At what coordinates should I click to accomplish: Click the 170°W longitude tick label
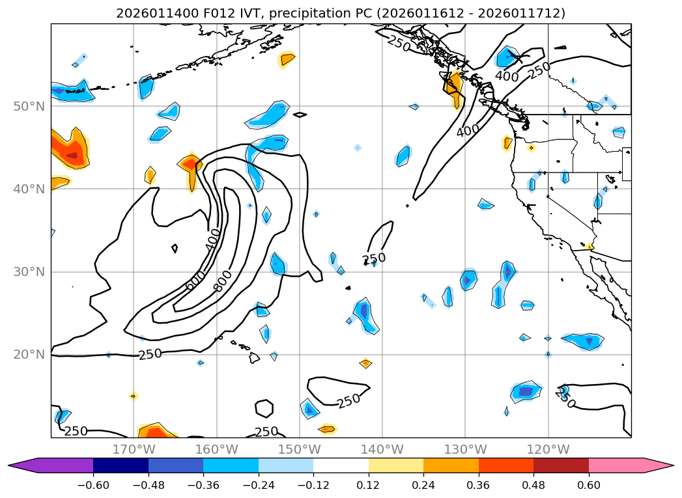pyautogui.click(x=134, y=449)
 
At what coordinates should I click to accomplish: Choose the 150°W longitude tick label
pyautogui.click(x=299, y=449)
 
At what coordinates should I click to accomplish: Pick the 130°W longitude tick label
pyautogui.click(x=465, y=449)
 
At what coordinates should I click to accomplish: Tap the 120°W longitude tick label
pyautogui.click(x=548, y=449)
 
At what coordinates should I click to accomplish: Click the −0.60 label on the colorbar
pyautogui.click(x=93, y=486)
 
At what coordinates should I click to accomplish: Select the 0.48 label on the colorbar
pyautogui.click(x=533, y=486)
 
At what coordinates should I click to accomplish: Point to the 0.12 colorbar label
pyautogui.click(x=369, y=486)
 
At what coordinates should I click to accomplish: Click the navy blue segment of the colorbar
pyautogui.click(x=121, y=465)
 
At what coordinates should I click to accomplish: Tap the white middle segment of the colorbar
pyautogui.click(x=341, y=465)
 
